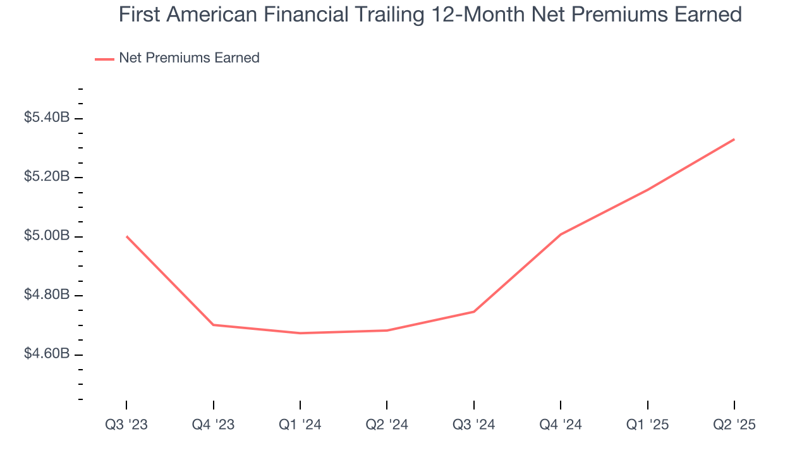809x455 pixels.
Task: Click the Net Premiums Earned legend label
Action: (x=189, y=58)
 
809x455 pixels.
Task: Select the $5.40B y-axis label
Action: (x=47, y=118)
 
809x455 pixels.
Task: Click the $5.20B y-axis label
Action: (x=47, y=177)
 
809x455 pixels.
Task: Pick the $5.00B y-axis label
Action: (x=47, y=236)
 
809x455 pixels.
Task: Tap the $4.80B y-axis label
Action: (x=47, y=295)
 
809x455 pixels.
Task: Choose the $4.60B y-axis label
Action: (x=47, y=354)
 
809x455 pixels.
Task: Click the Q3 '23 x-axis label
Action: (x=126, y=425)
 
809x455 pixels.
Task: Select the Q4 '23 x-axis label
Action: (x=213, y=425)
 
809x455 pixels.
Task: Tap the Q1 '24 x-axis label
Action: (x=300, y=425)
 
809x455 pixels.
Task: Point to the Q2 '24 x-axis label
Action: (x=387, y=425)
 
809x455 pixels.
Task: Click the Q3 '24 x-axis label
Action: (x=474, y=425)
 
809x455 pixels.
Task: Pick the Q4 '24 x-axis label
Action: (x=561, y=425)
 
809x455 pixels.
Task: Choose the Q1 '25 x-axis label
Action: (x=648, y=425)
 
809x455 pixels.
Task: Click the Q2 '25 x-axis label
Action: (x=734, y=425)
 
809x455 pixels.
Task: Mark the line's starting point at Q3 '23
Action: (x=126, y=236)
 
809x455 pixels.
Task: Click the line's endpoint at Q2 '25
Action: (x=734, y=139)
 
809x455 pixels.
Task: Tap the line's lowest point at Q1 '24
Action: (x=300, y=333)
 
